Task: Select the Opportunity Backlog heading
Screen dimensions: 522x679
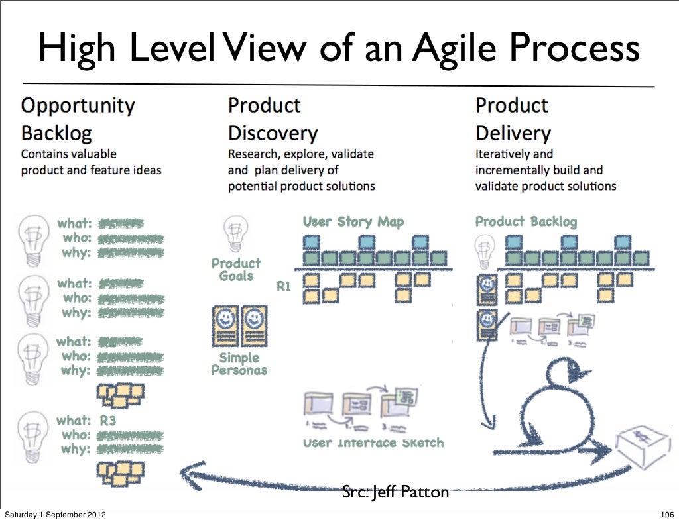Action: pyautogui.click(x=78, y=119)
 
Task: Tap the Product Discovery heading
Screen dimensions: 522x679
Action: pyautogui.click(x=273, y=119)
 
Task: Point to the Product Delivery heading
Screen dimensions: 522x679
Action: pyautogui.click(x=513, y=119)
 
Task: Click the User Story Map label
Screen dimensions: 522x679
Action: pyautogui.click(x=353, y=222)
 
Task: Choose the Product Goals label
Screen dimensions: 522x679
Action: pyautogui.click(x=236, y=270)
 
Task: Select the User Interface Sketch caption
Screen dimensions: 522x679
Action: pyautogui.click(x=373, y=443)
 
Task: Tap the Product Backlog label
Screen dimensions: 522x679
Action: pyautogui.click(x=526, y=222)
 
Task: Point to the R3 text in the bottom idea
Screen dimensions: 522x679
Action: pyautogui.click(x=107, y=420)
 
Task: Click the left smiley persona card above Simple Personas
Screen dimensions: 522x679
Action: pyautogui.click(x=225, y=324)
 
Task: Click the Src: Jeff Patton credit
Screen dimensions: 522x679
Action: pyautogui.click(x=395, y=492)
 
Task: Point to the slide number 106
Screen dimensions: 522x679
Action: pyautogui.click(x=665, y=515)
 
